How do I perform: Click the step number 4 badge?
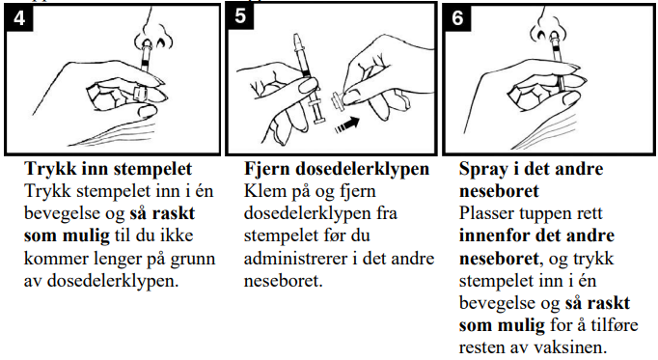click(19, 18)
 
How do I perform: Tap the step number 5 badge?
click(240, 16)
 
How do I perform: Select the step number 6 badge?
click(457, 18)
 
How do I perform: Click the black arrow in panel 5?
click(347, 125)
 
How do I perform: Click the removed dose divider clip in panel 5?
click(337, 102)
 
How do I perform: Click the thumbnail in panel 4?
click(147, 111)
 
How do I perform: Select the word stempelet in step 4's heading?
click(152, 169)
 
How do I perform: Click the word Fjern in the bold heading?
click(267, 169)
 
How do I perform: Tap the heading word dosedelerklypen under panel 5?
click(362, 169)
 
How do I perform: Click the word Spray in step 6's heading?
click(483, 169)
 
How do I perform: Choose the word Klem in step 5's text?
click(263, 191)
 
